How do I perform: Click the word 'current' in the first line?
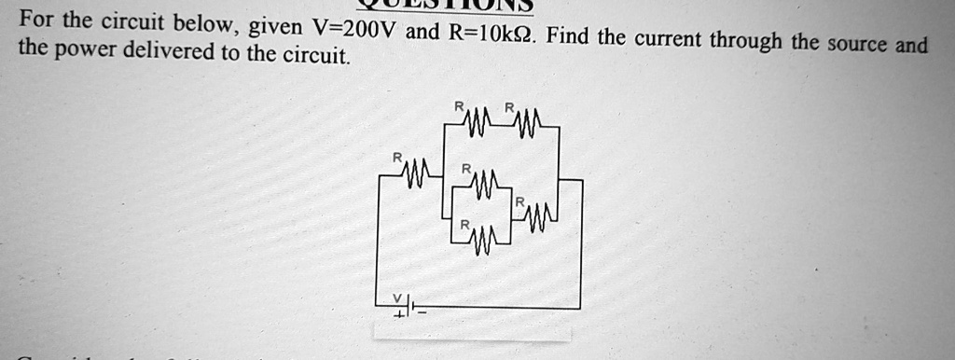[668, 40]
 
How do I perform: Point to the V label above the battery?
[396, 298]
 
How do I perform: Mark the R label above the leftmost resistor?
[396, 159]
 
